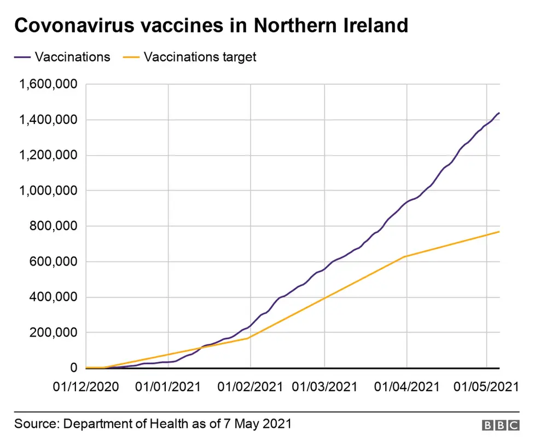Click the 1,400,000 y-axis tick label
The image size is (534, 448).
[x=49, y=120]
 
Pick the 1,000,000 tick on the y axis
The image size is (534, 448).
[x=49, y=191]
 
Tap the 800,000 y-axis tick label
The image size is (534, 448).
[x=55, y=226]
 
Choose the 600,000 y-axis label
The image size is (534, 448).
[x=55, y=262]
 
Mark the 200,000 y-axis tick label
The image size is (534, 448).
[x=55, y=333]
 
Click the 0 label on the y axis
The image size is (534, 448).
[x=74, y=368]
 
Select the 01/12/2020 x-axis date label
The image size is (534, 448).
[x=85, y=387]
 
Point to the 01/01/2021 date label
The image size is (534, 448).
[x=169, y=387]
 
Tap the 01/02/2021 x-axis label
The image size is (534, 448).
[x=250, y=387]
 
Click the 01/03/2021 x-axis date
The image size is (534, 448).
[x=324, y=387]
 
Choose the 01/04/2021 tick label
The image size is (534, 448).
[x=407, y=387]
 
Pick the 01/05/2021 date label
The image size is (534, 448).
[x=486, y=387]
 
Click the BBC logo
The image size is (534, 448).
[x=501, y=424]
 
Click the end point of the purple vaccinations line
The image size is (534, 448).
[x=499, y=113]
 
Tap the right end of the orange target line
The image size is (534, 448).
[x=499, y=232]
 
